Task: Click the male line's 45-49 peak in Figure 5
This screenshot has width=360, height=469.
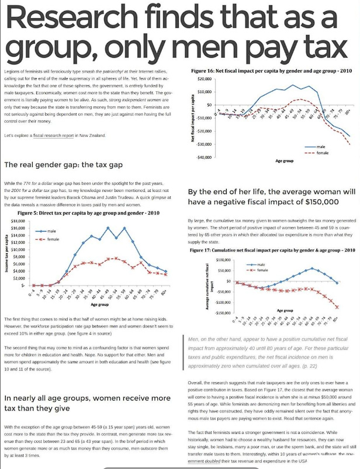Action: tap(108, 227)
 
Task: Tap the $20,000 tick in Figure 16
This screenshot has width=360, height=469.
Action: tap(204, 78)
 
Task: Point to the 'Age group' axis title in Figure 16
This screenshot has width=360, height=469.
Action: tap(284, 159)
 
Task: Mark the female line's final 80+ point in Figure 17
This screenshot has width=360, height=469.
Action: tap(338, 306)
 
